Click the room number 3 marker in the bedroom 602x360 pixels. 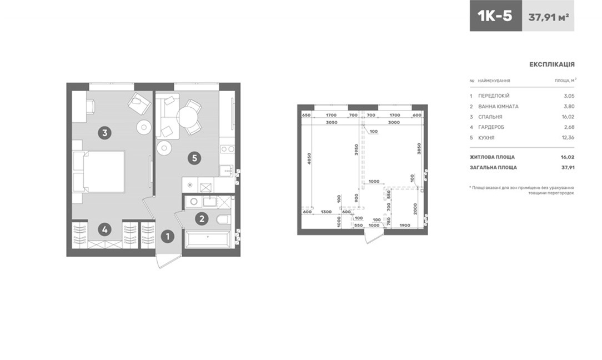(x=104, y=133)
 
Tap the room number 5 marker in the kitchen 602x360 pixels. (x=195, y=158)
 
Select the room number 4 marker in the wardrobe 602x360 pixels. (x=104, y=230)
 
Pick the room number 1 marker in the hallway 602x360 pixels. (x=167, y=237)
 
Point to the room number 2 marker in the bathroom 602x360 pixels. (x=202, y=219)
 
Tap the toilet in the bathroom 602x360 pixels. (x=223, y=220)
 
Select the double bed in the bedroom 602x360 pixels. (x=99, y=171)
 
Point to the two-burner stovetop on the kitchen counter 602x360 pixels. (x=227, y=149)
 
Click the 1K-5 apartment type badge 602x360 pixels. (x=496, y=16)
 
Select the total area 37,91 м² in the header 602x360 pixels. (x=548, y=17)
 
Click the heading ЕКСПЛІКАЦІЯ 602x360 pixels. (x=551, y=64)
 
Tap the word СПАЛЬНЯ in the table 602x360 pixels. (x=490, y=117)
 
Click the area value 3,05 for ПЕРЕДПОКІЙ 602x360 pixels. (x=569, y=96)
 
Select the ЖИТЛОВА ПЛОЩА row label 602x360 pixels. (x=492, y=157)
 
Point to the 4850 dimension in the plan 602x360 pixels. (x=309, y=159)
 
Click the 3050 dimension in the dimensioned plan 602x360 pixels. (x=332, y=123)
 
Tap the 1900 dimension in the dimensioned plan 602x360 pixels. (x=405, y=226)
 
